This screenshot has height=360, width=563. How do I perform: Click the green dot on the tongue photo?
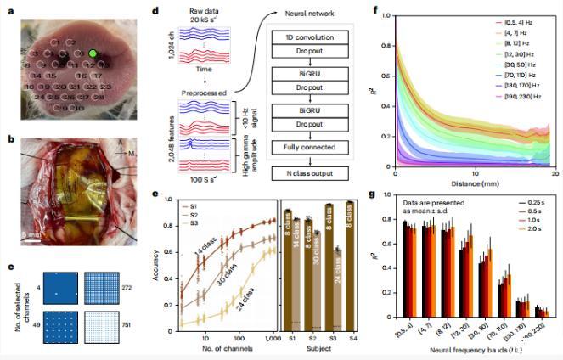click(x=93, y=54)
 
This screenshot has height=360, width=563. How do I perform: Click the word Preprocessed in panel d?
click(x=205, y=93)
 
